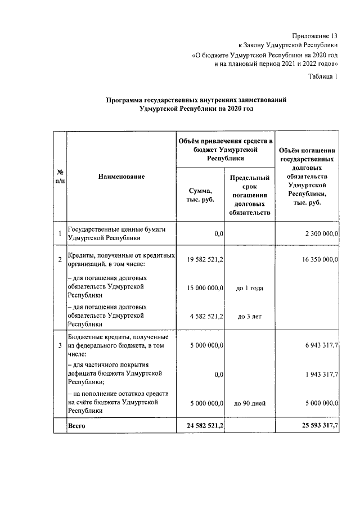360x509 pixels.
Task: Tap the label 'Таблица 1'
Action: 322,77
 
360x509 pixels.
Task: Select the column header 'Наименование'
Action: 121,177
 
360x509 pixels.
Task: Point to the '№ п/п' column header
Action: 60,177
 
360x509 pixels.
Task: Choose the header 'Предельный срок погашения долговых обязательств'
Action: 250,195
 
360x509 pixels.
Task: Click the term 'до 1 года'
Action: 250,288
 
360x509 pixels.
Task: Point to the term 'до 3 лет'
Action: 250,317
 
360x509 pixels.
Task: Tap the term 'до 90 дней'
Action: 250,403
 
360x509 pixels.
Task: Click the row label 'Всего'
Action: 76,426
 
